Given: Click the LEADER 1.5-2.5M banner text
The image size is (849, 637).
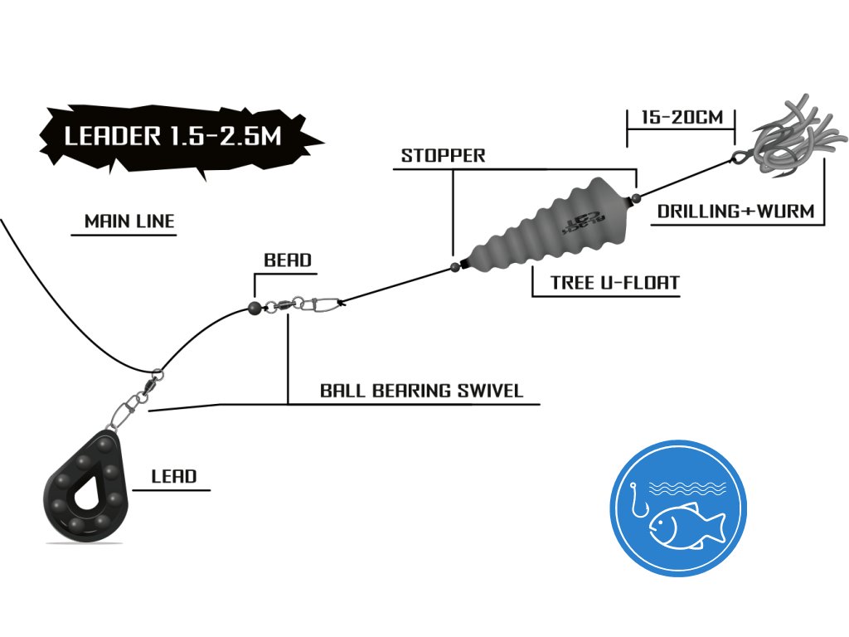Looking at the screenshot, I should point(172,138).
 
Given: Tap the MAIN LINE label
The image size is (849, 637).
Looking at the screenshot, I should point(129,221).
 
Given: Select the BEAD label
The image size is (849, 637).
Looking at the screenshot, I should point(288,260).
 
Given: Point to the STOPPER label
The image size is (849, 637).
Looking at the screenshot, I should point(443,156).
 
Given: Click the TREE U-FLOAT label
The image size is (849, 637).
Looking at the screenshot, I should point(614,283).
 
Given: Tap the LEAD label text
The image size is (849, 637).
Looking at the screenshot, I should point(174,476).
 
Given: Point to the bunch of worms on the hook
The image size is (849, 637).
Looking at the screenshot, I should point(796,137).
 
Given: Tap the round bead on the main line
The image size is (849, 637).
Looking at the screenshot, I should point(255,308).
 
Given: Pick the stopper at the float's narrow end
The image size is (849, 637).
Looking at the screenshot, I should point(454,266).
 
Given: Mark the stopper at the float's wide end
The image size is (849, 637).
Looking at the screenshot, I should point(635,197).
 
